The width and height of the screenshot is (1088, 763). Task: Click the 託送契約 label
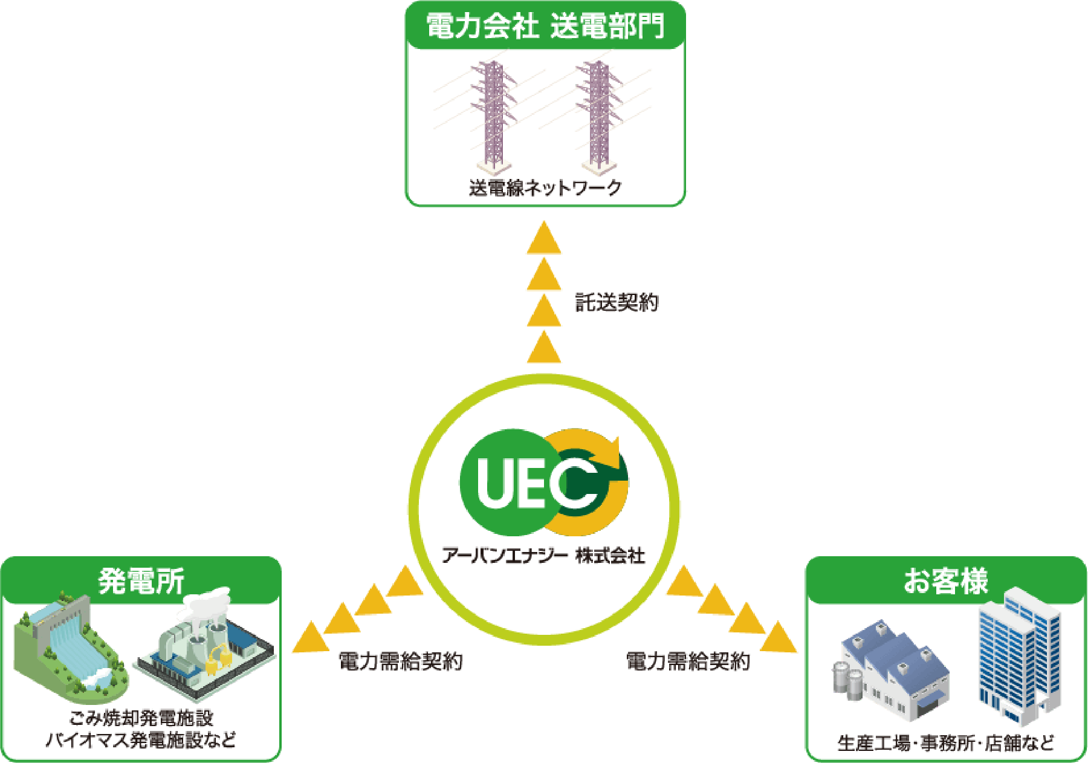pos(616,302)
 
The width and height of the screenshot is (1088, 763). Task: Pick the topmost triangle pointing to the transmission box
pos(544,239)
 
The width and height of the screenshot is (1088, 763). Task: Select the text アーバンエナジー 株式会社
pos(543,554)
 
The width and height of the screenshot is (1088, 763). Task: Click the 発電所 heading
pos(141,581)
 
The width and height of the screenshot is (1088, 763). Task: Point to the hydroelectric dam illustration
pos(70,647)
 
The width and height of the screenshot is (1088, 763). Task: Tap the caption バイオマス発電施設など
pos(141,740)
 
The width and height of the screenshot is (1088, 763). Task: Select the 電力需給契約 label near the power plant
pos(401,661)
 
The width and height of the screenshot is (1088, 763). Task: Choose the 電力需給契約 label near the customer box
pos(688,661)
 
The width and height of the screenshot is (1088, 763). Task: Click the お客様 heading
pos(946,581)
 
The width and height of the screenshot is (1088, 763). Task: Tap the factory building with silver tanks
pos(892,671)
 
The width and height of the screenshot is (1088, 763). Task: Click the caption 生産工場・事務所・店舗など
pos(946,742)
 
